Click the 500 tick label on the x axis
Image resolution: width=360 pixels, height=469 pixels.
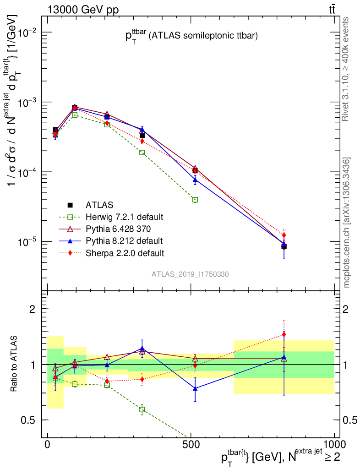[x=191, y=445]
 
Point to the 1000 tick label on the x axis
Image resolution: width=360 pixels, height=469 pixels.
[x=334, y=445]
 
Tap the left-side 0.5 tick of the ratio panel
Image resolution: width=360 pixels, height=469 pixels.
[x=31, y=420]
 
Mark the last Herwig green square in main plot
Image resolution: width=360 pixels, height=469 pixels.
[x=195, y=200]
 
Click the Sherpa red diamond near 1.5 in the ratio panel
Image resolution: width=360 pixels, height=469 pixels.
[x=284, y=334]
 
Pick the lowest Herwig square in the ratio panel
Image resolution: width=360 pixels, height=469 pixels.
[x=142, y=409]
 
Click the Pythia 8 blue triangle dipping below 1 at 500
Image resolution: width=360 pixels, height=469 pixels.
[x=195, y=388]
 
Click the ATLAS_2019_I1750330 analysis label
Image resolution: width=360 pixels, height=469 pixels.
[x=191, y=274]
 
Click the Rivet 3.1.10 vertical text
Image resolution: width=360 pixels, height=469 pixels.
[x=347, y=69]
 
